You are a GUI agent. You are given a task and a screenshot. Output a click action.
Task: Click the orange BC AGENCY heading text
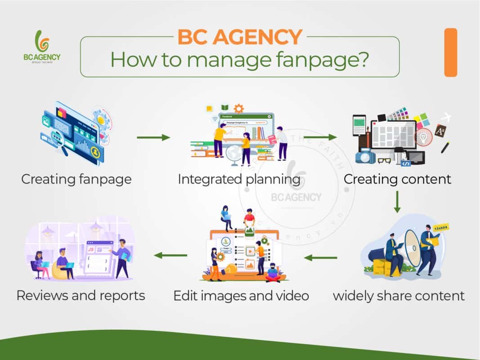[x=239, y=37]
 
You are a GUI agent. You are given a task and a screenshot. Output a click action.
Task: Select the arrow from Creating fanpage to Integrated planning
[x=153, y=137]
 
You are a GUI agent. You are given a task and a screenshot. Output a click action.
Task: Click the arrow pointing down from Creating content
[x=397, y=202]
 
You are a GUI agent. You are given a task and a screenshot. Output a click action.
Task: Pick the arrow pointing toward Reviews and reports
[x=170, y=256]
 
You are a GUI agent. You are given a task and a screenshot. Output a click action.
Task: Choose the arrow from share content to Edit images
[x=321, y=258]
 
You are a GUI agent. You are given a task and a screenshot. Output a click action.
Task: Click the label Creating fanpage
[x=76, y=179]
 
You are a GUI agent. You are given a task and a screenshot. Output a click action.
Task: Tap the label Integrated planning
[x=239, y=179]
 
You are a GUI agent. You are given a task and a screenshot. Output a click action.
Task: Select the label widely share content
[x=399, y=296]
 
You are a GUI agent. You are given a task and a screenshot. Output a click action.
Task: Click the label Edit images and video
[x=241, y=296]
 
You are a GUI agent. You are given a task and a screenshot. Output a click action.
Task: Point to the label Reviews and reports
[x=81, y=296]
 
